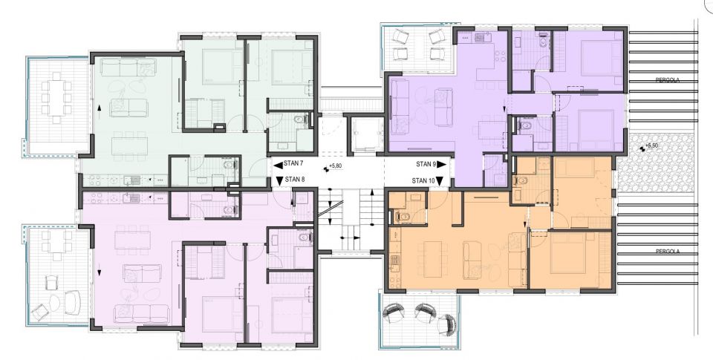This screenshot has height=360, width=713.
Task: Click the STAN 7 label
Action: [293, 163]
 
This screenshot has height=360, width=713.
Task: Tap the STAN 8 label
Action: [295, 179]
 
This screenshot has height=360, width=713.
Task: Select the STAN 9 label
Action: [426, 164]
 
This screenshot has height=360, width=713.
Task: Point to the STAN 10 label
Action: [423, 180]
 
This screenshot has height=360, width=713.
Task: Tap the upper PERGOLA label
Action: [664, 80]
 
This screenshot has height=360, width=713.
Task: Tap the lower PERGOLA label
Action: [664, 251]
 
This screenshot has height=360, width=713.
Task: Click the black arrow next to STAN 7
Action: [278, 163]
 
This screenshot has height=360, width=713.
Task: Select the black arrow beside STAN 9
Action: [442, 164]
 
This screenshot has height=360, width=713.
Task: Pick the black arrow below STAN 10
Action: [440, 182]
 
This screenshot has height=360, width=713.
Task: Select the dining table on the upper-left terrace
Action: [58, 98]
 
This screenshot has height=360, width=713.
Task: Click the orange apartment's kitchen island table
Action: [432, 259]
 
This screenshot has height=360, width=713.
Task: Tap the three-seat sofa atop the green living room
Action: [128, 68]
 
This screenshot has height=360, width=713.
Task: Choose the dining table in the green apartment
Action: [129, 146]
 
